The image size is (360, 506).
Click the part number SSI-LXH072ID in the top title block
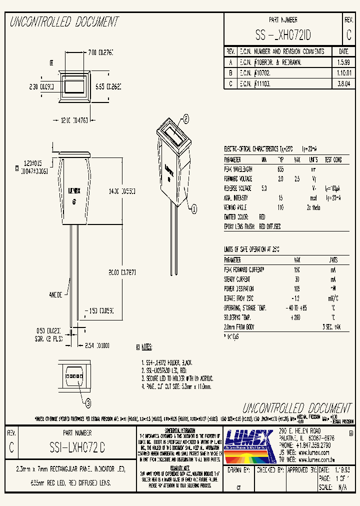click(283, 35)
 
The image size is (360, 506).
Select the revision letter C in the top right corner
click(348, 35)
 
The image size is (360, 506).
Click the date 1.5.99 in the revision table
click(343, 63)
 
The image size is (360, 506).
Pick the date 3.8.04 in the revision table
click(343, 84)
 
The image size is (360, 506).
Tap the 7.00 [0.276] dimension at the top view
click(100, 52)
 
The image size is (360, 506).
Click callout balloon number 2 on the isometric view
click(185, 118)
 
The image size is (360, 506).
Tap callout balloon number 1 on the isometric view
click(194, 209)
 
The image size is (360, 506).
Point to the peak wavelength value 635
click(280, 169)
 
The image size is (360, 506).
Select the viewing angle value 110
click(280, 206)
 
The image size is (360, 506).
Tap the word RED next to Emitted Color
click(262, 217)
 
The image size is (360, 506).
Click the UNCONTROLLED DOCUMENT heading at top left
click(64, 22)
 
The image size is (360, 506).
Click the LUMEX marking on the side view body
click(74, 190)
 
